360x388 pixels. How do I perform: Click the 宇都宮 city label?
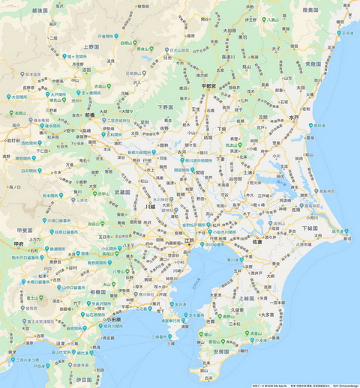tap(212, 87)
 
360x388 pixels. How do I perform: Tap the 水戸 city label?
tap(293, 118)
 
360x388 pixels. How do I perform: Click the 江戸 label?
tap(189, 241)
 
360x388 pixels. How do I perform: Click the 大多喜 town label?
tap(268, 315)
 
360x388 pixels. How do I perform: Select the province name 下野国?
tap(166, 107)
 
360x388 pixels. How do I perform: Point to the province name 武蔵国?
tap(122, 193)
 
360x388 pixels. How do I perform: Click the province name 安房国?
tap(220, 351)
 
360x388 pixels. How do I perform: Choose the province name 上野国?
tap(91, 46)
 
